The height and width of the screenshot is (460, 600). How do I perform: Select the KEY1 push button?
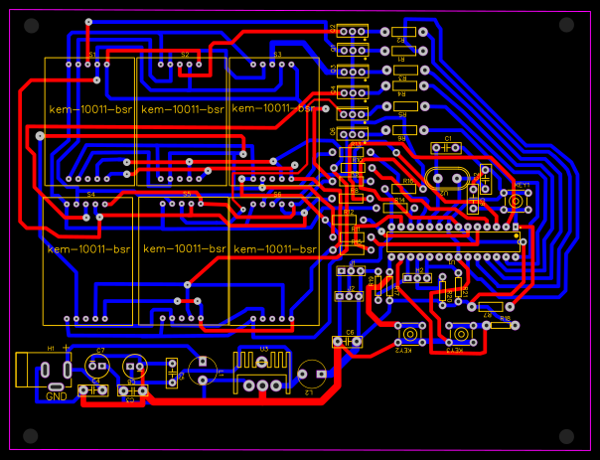(x=517, y=202)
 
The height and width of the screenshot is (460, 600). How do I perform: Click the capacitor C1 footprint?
(x=447, y=146)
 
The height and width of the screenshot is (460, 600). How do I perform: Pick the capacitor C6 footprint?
(x=348, y=342)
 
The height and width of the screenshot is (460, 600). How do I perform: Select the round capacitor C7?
(x=95, y=365)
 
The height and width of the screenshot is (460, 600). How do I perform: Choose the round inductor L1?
(x=205, y=371)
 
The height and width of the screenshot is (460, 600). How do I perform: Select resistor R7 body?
(x=489, y=308)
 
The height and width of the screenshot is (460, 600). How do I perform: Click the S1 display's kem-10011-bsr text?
(x=89, y=108)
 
